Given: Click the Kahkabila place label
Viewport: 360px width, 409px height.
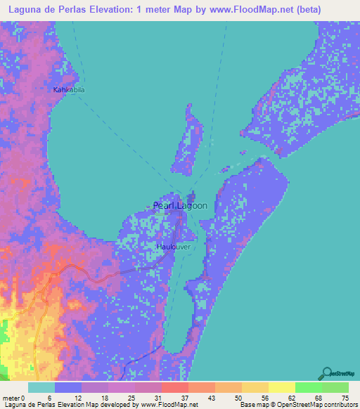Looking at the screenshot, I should pyautogui.click(x=69, y=90).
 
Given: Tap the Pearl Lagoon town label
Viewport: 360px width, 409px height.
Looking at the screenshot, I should pyautogui.click(x=180, y=206).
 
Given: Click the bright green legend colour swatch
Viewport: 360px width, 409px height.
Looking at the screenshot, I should pyautogui.click(x=309, y=387).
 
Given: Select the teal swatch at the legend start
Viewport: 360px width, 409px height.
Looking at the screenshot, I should pyautogui.click(x=41, y=387).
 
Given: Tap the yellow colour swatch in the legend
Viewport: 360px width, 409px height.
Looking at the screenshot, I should pyautogui.click(x=282, y=387).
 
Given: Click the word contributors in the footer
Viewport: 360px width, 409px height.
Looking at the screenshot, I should pyautogui.click(x=339, y=405).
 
